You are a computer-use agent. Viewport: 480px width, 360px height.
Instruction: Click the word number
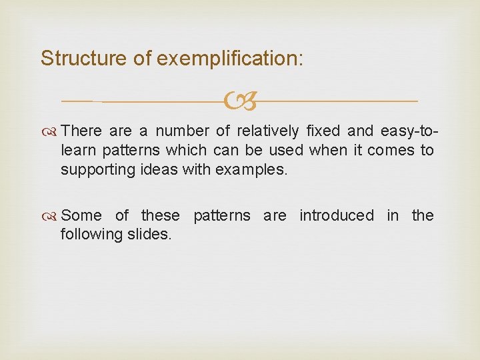click(x=183, y=131)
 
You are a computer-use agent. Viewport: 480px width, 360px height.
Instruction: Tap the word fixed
click(x=323, y=131)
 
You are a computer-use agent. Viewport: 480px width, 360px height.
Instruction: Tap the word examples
click(x=251, y=170)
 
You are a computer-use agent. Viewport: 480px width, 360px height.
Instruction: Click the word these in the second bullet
click(x=160, y=215)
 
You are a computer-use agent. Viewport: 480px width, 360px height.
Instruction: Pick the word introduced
click(x=337, y=215)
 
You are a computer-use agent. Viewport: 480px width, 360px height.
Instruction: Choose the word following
click(x=91, y=235)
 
